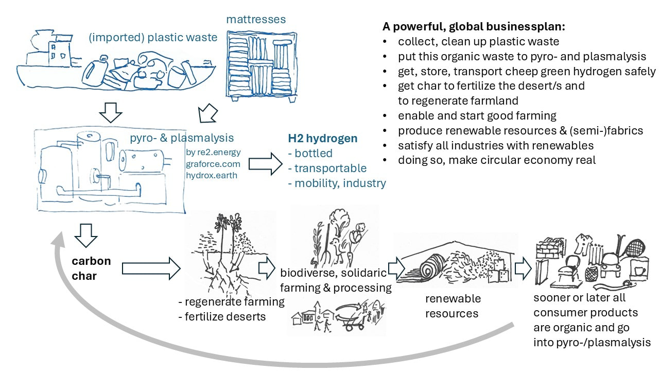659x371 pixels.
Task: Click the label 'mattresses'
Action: click(x=256, y=20)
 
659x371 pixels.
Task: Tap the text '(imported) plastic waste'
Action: click(x=152, y=38)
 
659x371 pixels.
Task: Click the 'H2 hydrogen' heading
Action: click(x=322, y=139)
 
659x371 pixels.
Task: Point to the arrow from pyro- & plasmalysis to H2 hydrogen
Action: click(x=265, y=164)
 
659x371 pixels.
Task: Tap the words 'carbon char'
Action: click(x=91, y=268)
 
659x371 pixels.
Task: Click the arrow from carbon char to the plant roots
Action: click(x=150, y=268)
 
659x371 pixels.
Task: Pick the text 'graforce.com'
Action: click(x=213, y=164)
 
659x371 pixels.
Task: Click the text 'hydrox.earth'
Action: click(x=213, y=175)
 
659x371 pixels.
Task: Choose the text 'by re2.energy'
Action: click(x=213, y=153)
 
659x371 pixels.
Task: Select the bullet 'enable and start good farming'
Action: click(x=477, y=115)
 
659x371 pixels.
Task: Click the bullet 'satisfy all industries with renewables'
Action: click(x=495, y=145)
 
